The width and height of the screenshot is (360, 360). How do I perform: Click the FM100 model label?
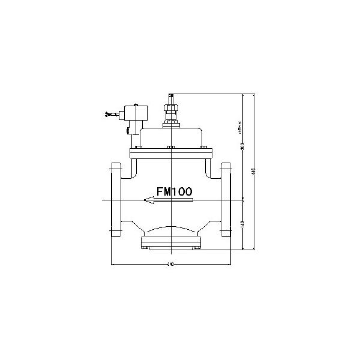coord(174,191)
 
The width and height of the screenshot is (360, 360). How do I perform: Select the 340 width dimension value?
coord(171,263)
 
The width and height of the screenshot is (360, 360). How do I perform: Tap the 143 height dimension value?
coord(242,223)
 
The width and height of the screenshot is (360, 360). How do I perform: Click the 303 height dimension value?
coord(242,146)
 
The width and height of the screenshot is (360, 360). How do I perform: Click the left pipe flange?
coord(115,199)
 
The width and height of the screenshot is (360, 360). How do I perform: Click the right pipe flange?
coord(227,199)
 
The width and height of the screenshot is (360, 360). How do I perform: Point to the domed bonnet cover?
coord(171,136)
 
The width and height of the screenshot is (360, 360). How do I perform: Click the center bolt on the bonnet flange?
coord(171,148)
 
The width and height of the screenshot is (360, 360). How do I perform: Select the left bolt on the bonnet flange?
coord(138,148)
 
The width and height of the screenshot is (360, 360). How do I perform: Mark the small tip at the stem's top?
coord(171,96)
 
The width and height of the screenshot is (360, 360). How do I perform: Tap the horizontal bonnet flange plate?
coord(171,154)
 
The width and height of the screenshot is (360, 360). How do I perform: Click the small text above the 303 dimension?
coord(239,129)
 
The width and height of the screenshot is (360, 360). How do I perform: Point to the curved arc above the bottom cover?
coord(171,228)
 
